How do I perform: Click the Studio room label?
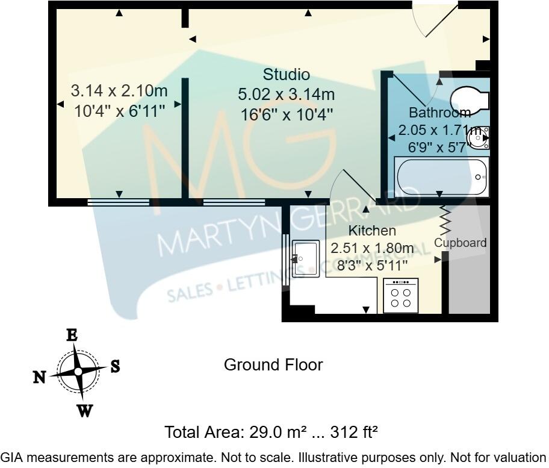[x=287, y=75]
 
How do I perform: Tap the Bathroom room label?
[x=439, y=113]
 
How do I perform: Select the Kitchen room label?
[x=372, y=231]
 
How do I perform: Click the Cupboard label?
[x=461, y=243]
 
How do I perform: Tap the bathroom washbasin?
[x=480, y=137]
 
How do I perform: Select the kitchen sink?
[x=306, y=258]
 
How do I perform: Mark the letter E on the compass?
[x=72, y=335]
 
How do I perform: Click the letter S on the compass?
[x=115, y=366]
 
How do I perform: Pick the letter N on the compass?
[x=39, y=377]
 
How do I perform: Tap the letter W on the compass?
[x=85, y=411]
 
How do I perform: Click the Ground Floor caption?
[x=273, y=365]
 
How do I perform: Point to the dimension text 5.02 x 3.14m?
[x=287, y=95]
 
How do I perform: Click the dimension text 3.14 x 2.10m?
[x=119, y=91]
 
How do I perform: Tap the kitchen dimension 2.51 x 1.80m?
[x=372, y=248]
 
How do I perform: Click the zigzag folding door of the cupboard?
[x=446, y=221]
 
